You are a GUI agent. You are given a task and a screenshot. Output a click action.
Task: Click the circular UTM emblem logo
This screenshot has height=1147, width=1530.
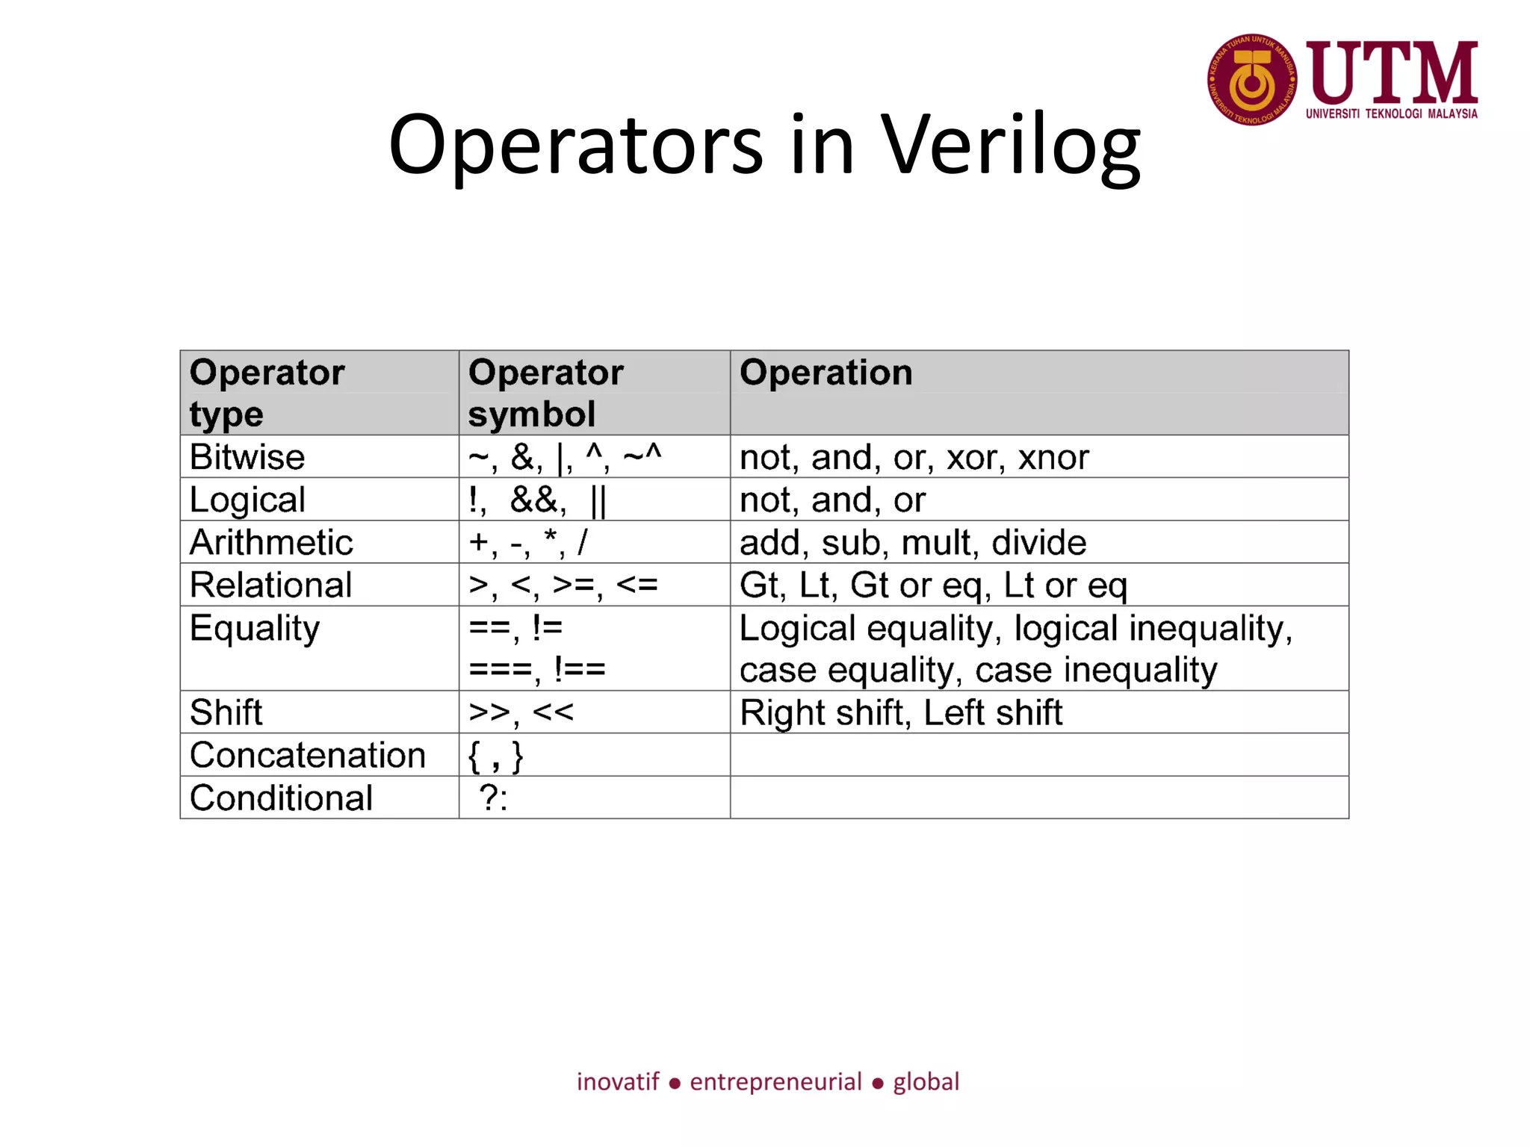pyautogui.click(x=1251, y=80)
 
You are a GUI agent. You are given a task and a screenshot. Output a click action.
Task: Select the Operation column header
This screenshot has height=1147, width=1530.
pyautogui.click(x=826, y=373)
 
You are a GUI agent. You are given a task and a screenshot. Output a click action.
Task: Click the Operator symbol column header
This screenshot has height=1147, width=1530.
pyautogui.click(x=545, y=393)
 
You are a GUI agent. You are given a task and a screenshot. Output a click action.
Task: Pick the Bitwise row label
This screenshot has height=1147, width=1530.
pyautogui.click(x=247, y=457)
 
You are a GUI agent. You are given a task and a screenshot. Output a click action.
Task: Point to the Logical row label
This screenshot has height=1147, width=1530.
pyautogui.click(x=247, y=500)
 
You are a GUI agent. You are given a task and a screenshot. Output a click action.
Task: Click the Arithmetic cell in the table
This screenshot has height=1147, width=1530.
pyautogui.click(x=270, y=542)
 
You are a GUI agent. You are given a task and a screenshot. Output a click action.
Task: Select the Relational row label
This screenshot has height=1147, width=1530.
pyautogui.click(x=270, y=585)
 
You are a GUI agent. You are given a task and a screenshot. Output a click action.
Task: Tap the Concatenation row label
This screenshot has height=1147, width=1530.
pyautogui.click(x=307, y=755)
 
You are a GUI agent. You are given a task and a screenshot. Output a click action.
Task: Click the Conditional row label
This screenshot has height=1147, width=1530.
pyautogui.click(x=281, y=798)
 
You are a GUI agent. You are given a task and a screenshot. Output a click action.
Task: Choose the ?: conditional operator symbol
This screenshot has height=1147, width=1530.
pyautogui.click(x=494, y=798)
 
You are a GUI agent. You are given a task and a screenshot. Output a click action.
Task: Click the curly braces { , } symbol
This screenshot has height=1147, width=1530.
pyautogui.click(x=495, y=756)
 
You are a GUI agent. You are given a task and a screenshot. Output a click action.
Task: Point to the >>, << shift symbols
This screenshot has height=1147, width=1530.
pyautogui.click(x=521, y=712)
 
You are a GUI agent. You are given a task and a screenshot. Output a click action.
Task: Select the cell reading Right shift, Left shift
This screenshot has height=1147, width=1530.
pyautogui.click(x=900, y=712)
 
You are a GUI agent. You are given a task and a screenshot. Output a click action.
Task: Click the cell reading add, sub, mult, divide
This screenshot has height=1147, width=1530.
pyautogui.click(x=912, y=543)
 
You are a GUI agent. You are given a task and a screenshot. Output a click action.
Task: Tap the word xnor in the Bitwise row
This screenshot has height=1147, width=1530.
pyautogui.click(x=1053, y=458)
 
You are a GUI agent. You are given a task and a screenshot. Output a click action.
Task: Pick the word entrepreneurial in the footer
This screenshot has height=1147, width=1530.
pyautogui.click(x=775, y=1082)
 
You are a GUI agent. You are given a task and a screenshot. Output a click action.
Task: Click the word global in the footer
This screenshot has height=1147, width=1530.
pyautogui.click(x=926, y=1082)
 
